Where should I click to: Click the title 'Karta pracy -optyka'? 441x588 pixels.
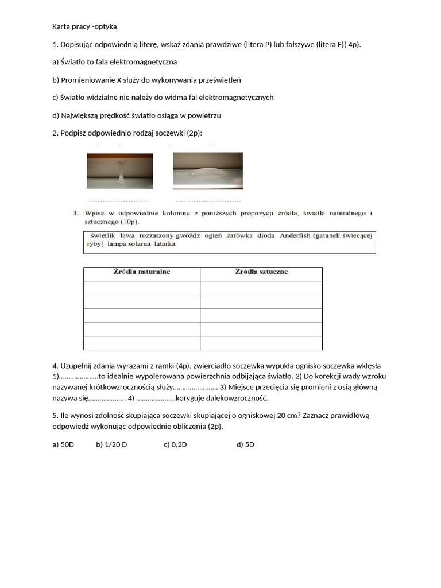84,26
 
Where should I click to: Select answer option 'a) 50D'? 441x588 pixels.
63,444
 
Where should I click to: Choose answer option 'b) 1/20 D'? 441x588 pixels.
111,444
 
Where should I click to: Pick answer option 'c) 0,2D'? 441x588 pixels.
175,444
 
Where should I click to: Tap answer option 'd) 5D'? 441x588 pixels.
245,444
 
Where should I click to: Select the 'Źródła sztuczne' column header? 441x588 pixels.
261,272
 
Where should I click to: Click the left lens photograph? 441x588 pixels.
120,171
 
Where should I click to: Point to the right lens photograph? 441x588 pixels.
208,171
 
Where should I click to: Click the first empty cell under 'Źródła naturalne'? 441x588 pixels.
142,288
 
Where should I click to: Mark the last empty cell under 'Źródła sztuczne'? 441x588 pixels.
261,343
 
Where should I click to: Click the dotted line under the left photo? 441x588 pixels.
118,201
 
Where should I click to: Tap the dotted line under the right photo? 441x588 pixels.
208,201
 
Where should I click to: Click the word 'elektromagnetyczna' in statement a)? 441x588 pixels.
142,61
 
